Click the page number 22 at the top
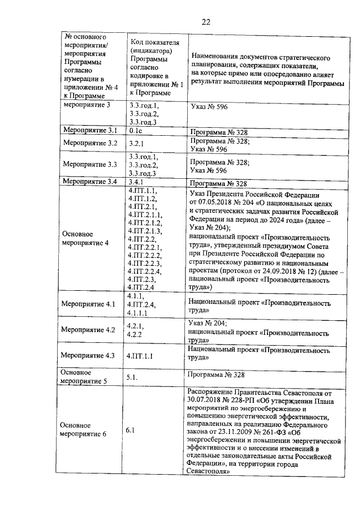click(x=205, y=22)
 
